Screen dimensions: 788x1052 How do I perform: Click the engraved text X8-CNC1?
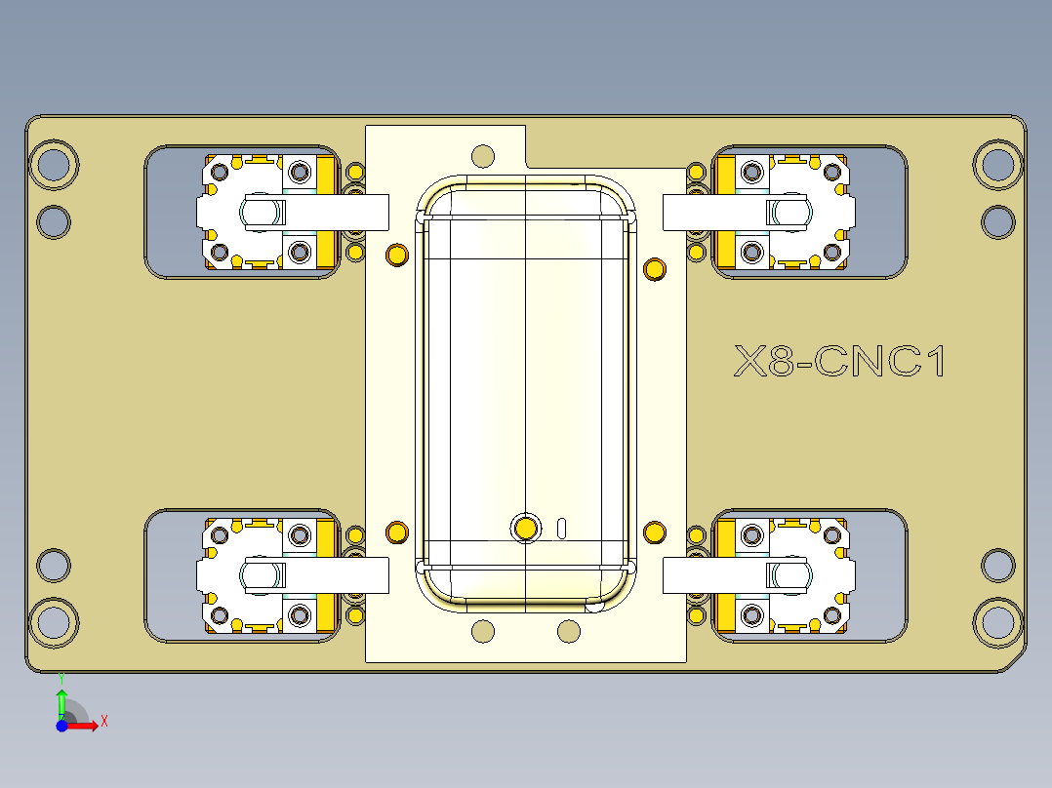[840, 362]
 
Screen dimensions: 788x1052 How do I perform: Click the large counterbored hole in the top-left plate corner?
[54, 165]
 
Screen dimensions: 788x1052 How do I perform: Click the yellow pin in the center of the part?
[526, 528]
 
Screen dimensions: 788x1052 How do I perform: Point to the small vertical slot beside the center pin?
[562, 528]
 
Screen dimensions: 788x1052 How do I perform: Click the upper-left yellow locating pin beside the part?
[396, 256]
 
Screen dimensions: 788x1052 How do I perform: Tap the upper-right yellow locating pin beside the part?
[655, 268]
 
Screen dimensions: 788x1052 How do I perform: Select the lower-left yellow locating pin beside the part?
[396, 532]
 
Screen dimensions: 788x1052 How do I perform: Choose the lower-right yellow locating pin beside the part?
[655, 532]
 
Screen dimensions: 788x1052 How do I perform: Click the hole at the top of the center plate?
[482, 155]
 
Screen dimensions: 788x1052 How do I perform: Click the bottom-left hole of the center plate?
[482, 631]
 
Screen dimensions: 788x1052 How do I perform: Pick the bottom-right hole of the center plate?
[569, 631]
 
